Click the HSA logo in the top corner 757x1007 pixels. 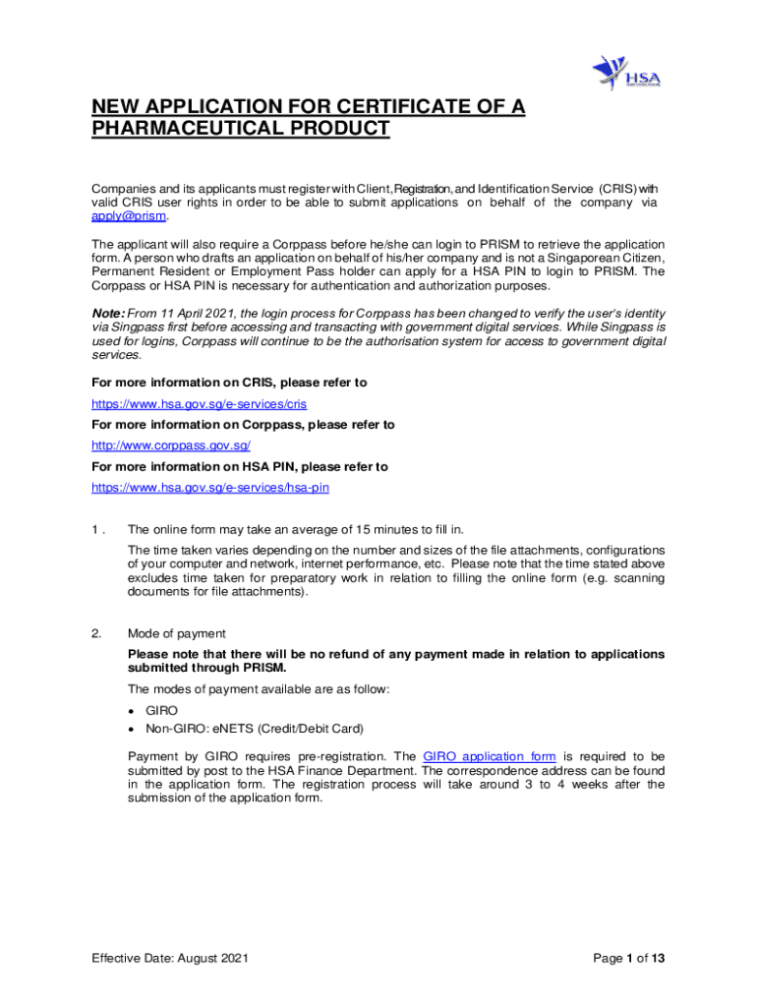[625, 73]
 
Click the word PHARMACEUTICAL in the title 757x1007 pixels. [187, 130]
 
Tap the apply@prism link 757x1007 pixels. [130, 216]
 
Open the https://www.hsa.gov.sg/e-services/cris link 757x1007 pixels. [200, 403]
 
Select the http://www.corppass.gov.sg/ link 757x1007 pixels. [171, 445]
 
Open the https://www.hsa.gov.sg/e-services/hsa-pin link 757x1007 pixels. [210, 487]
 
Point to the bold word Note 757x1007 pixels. [108, 313]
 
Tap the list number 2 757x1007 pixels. [95, 633]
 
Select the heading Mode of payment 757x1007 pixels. [177, 633]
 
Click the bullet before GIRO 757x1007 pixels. [132, 709]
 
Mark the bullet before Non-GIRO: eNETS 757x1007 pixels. [132, 729]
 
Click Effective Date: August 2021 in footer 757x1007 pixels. [170, 958]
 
